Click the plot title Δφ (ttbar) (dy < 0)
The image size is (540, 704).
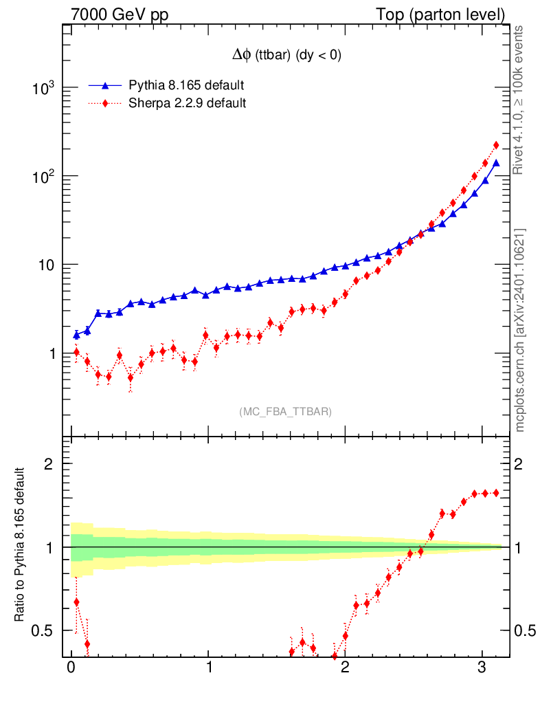(286, 56)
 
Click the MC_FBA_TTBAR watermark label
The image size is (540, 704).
(286, 412)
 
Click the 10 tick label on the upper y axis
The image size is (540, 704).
(47, 265)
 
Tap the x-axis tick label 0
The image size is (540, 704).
(71, 669)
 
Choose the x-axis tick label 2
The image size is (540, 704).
(345, 669)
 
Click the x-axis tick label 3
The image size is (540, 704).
(482, 669)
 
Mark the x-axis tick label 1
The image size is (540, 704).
(208, 669)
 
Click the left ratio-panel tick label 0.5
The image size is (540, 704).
(45, 630)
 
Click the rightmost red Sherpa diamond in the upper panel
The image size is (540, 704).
(496, 145)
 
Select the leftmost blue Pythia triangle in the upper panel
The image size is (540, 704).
(76, 335)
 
